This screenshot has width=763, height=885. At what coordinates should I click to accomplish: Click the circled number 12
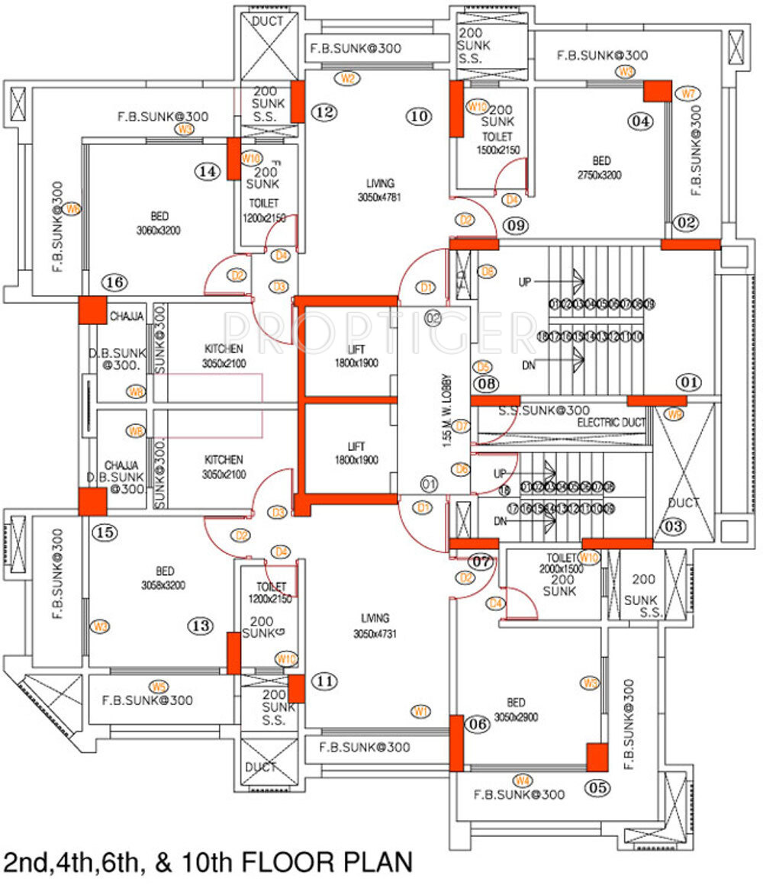(324, 113)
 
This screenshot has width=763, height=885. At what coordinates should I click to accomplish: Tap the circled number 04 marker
(642, 121)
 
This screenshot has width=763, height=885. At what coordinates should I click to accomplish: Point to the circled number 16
(115, 282)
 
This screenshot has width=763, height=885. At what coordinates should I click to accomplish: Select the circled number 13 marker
(201, 626)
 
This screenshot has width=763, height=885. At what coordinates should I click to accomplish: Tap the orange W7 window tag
(688, 94)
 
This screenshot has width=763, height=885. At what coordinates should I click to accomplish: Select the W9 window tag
(674, 414)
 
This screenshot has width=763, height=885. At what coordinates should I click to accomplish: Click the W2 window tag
(349, 78)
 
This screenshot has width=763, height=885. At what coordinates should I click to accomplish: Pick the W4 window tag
(523, 780)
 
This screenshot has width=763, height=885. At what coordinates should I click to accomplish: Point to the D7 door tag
(461, 426)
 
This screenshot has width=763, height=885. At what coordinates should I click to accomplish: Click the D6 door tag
(461, 468)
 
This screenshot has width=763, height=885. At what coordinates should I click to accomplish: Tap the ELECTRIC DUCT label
(611, 422)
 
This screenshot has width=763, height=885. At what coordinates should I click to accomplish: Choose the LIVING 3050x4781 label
(379, 190)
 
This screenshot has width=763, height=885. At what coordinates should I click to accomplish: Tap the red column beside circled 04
(656, 91)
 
